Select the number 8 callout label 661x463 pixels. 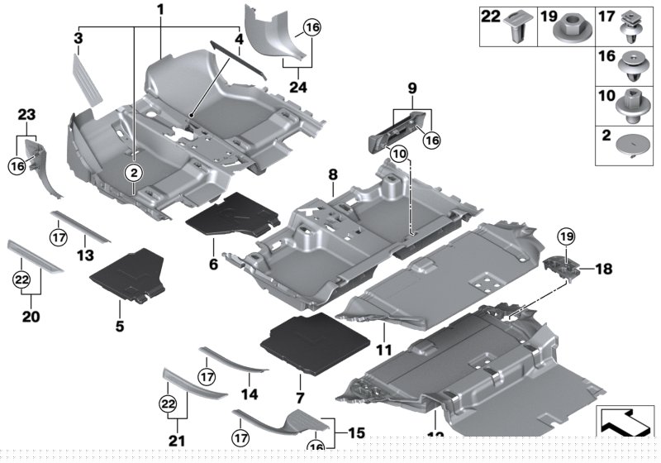tap(333, 174)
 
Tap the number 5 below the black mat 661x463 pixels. tap(120, 327)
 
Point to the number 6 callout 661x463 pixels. tap(212, 265)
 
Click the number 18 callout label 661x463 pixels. tap(603, 269)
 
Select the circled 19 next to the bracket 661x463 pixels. tap(566, 237)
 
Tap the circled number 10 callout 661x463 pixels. tap(399, 153)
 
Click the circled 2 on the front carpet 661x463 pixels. tap(133, 171)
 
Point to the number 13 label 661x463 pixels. tap(83, 255)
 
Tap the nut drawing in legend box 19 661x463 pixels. tap(569, 26)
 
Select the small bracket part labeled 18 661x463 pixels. tap(560, 270)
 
